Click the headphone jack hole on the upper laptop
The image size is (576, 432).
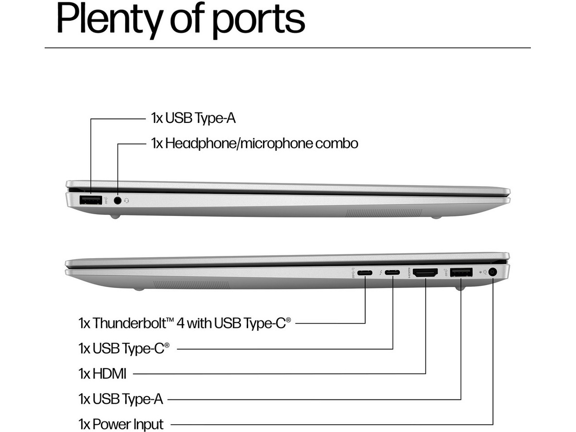pos(118,200)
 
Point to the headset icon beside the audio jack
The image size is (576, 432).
pos(127,201)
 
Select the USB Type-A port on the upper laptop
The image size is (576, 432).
pos(90,200)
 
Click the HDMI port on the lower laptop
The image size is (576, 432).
pos(425,274)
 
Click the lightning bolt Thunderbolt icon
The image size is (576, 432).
pos(381,274)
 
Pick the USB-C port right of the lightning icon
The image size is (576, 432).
pos(392,274)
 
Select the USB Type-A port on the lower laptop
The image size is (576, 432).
pos(461,273)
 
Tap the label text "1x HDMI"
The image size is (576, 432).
pos(102,373)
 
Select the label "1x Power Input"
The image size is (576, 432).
pos(121,424)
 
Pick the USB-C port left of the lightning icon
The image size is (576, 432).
pos(365,274)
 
